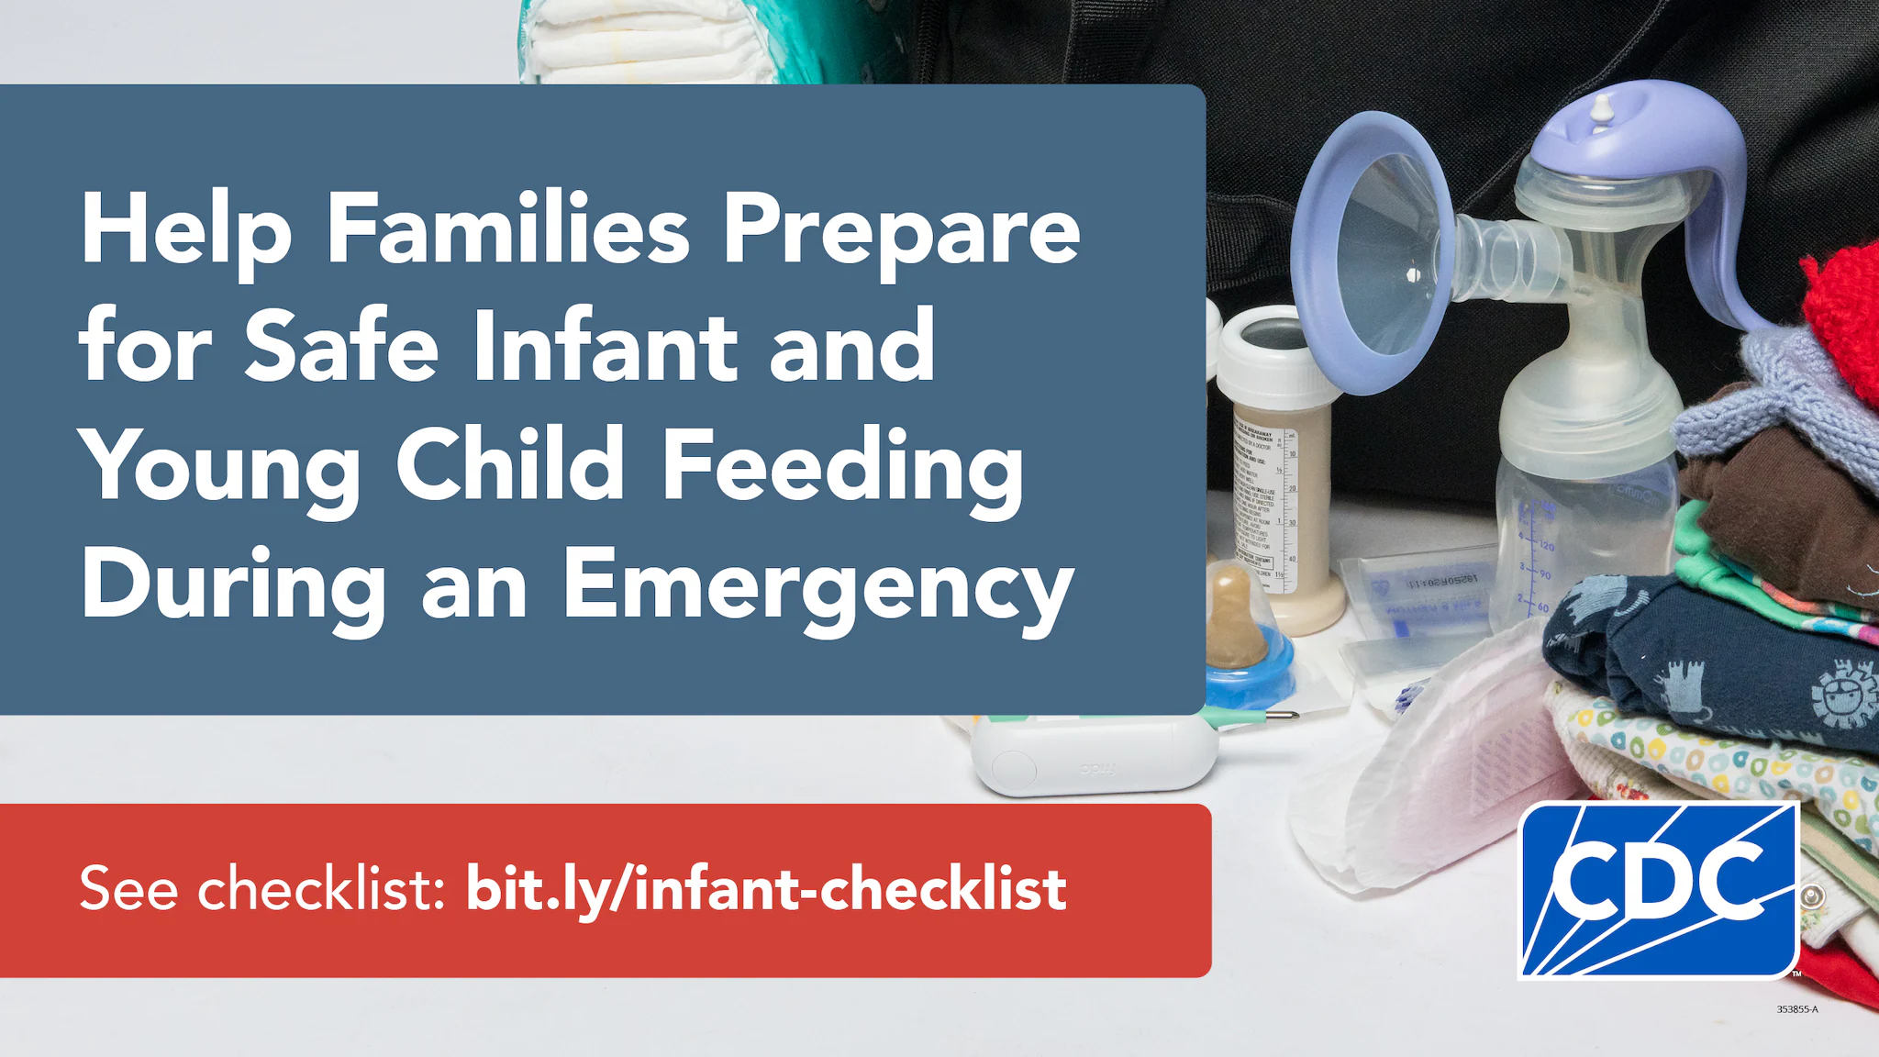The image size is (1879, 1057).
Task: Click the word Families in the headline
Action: coord(507,229)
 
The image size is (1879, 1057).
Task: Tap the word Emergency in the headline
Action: coord(817,585)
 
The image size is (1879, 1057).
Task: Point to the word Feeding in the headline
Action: coord(841,466)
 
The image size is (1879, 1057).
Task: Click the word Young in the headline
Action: coord(220,466)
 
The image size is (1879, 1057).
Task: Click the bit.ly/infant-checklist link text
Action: coord(766,889)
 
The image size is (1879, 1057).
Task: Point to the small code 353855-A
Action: coord(1796,1009)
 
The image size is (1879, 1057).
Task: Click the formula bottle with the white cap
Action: coord(1275,468)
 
